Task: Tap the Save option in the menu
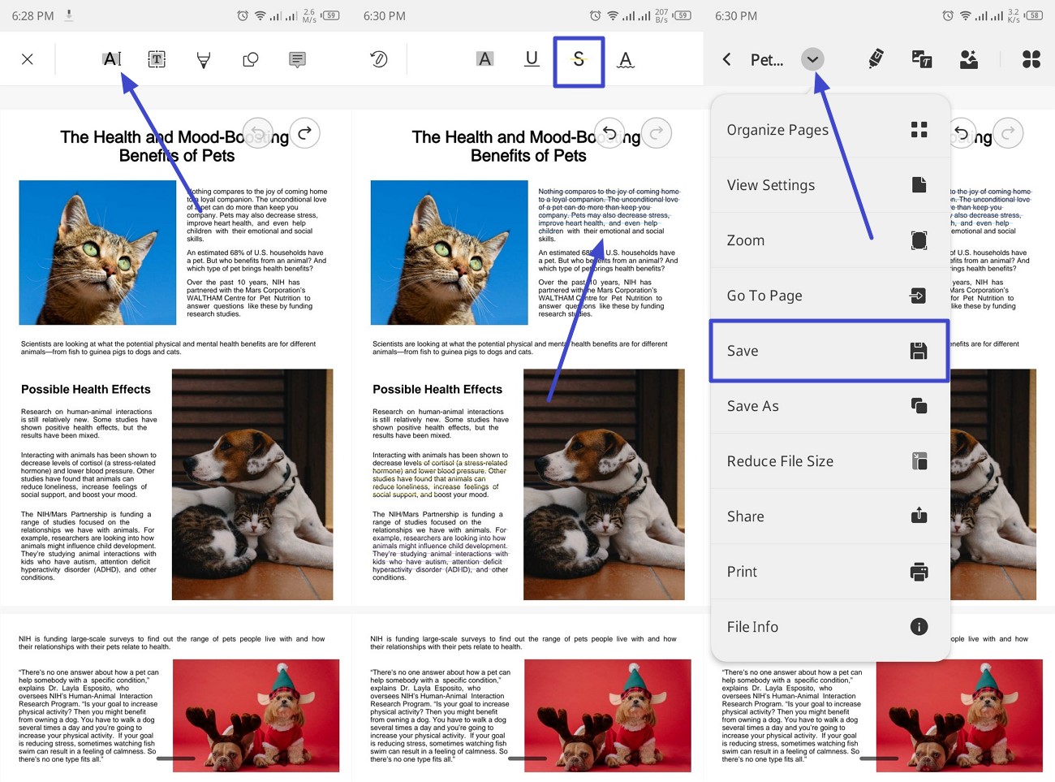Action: pos(828,351)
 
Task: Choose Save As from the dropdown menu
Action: pos(828,406)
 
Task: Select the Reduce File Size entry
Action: pos(828,461)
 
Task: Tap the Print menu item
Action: pos(828,572)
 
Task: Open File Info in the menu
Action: pos(828,627)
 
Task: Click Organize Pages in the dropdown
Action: pos(828,130)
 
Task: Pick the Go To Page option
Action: pos(828,296)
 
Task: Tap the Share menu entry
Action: pos(828,516)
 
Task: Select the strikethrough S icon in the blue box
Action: pos(579,59)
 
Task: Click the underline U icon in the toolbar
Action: pos(532,59)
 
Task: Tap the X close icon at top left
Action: pos(28,59)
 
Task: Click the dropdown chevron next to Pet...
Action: pos(812,59)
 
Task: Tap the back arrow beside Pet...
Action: pos(727,59)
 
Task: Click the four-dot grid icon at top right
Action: pos(1031,59)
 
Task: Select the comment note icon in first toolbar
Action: pos(298,59)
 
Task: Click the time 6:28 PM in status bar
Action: pos(33,15)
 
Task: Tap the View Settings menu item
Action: pos(828,185)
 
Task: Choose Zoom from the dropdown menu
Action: pos(828,240)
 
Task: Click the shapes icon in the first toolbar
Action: pos(251,59)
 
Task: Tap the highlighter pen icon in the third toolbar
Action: pos(876,59)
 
